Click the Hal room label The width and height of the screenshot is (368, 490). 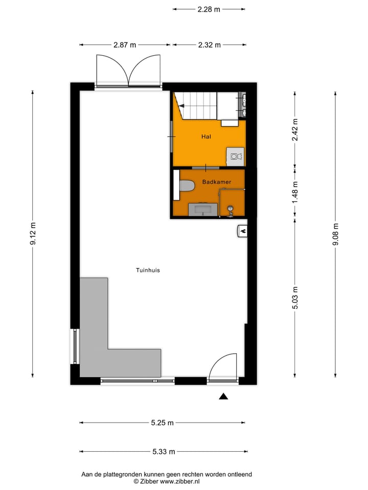tap(206, 137)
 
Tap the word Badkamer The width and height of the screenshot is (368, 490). tap(217, 182)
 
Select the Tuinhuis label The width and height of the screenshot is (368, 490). tap(148, 270)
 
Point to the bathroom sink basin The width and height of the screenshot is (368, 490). tap(203, 209)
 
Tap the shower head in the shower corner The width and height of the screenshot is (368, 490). tap(231, 208)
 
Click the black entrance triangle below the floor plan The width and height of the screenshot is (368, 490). tap(223, 397)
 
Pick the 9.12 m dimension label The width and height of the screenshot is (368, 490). tap(33, 234)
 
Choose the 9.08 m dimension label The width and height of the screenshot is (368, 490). tap(335, 234)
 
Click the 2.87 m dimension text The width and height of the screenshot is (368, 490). tap(125, 45)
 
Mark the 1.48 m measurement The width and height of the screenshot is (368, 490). tap(295, 192)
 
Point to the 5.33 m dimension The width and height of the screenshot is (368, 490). tap(164, 451)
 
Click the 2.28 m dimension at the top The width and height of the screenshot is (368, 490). tap(209, 9)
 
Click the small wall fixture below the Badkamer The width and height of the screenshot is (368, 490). tap(242, 231)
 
